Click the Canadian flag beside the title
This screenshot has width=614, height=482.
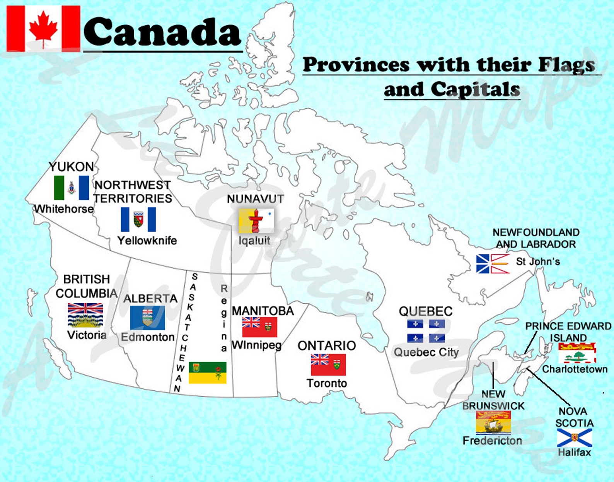pos(43,29)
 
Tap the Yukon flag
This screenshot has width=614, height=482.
pos(72,188)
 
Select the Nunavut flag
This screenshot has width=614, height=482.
pos(256,220)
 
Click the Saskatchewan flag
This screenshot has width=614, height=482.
pos(207,373)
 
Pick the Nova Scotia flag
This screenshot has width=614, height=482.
pos(574,438)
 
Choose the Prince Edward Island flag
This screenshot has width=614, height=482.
pos(577,353)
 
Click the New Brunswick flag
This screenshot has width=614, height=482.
pos(493,422)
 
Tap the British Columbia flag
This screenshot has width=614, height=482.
pos(85,315)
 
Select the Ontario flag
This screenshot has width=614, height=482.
pos(328,364)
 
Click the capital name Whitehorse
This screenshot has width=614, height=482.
pos(64,209)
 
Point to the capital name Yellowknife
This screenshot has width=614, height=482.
pos(147,241)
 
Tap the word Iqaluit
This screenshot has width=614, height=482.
pos(254,241)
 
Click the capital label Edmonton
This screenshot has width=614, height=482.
pos(148,337)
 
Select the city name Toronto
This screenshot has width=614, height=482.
pos(327,383)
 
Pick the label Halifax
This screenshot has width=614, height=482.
pos(574,453)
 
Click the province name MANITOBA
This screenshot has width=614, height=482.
pos(263,311)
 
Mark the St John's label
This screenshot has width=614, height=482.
pos(538,262)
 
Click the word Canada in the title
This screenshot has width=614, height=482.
pos(162,32)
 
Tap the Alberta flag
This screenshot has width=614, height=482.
pos(147,318)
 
